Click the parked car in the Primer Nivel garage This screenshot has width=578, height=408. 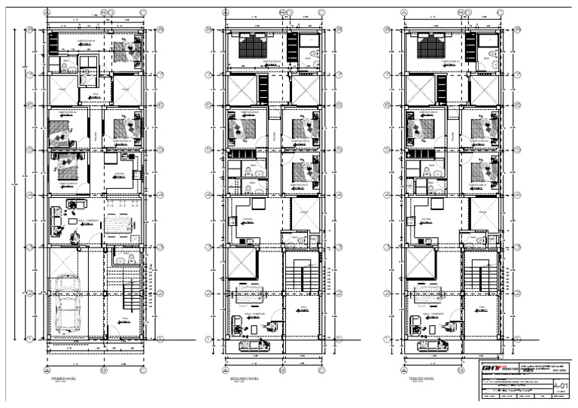(68, 305)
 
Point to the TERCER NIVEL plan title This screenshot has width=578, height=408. (420, 379)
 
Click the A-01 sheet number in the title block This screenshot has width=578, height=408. (561, 385)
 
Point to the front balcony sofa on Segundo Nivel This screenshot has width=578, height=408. (252, 345)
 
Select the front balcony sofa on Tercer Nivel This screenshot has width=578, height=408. (429, 345)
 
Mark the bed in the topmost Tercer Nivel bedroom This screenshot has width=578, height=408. (427, 49)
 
